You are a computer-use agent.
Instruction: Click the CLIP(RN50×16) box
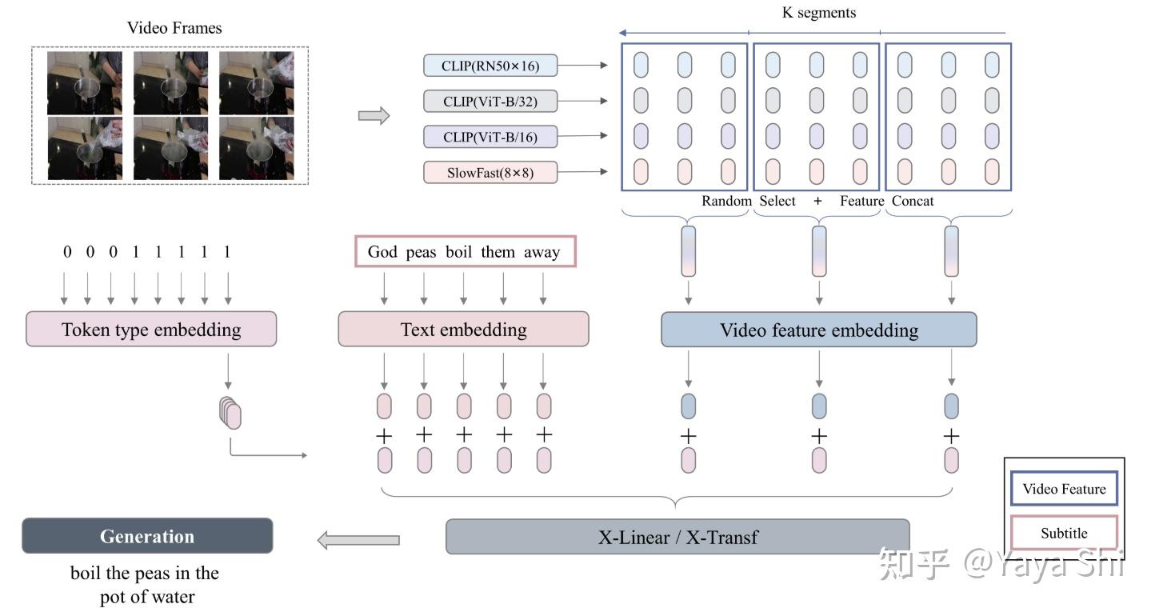pyautogui.click(x=490, y=66)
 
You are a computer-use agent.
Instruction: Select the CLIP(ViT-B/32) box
pyautogui.click(x=490, y=101)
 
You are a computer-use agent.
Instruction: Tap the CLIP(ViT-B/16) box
pyautogui.click(x=490, y=137)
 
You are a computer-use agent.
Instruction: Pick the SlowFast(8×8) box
pyautogui.click(x=490, y=172)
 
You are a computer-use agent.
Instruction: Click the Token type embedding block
pyautogui.click(x=151, y=330)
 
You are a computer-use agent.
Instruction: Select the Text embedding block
pyautogui.click(x=463, y=330)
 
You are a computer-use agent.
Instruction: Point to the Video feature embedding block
pyautogui.click(x=818, y=330)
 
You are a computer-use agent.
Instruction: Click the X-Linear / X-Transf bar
pyautogui.click(x=677, y=537)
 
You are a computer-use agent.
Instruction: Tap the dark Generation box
pyautogui.click(x=147, y=536)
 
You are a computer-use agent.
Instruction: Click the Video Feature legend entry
pyautogui.click(x=1064, y=490)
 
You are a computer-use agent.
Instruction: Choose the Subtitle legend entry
pyautogui.click(x=1064, y=533)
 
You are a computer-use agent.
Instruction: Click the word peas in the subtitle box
pyautogui.click(x=421, y=252)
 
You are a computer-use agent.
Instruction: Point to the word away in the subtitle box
pyautogui.click(x=542, y=252)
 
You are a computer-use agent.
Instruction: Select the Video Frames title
pyautogui.click(x=174, y=28)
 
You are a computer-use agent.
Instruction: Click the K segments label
pyautogui.click(x=818, y=13)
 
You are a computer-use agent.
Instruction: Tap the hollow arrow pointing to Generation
pyautogui.click(x=358, y=540)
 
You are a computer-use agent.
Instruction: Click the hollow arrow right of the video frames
pyautogui.click(x=374, y=116)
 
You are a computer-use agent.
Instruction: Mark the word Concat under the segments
pyautogui.click(x=913, y=201)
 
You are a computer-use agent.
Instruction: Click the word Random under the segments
pyautogui.click(x=726, y=201)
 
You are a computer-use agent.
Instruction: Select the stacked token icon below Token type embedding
pyautogui.click(x=230, y=412)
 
